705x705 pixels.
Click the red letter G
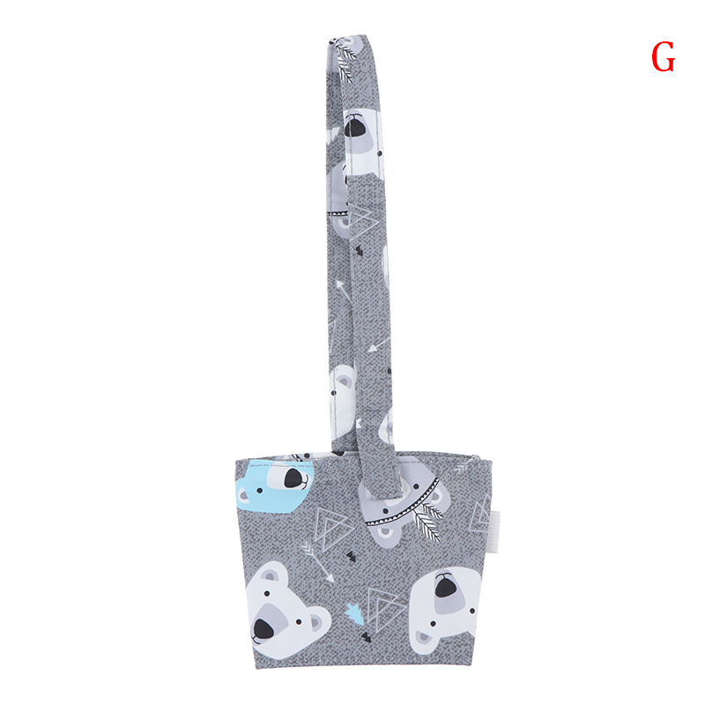[x=664, y=56]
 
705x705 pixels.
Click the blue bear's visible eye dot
[x=259, y=489]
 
